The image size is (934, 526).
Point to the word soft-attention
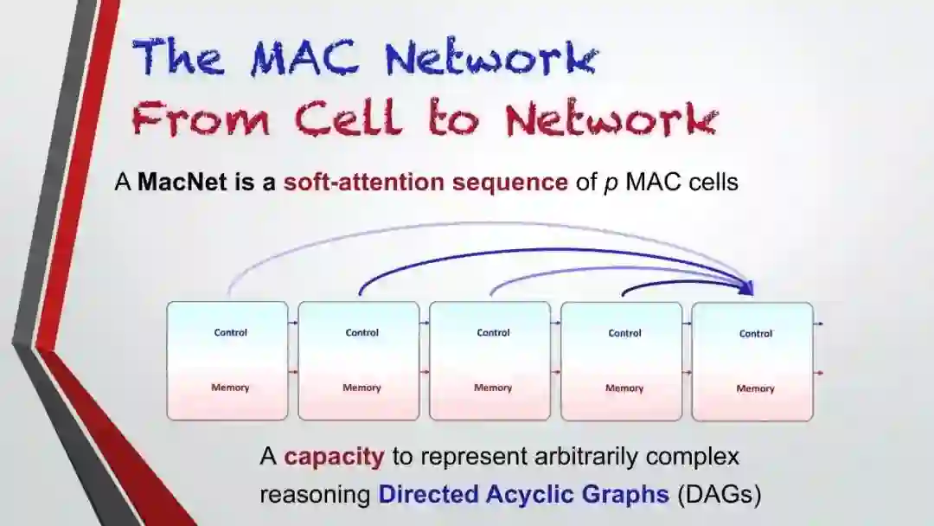point(361,183)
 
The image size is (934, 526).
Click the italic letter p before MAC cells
point(610,184)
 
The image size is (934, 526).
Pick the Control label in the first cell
point(230,332)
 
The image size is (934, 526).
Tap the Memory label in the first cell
point(230,388)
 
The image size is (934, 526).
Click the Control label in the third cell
point(493,332)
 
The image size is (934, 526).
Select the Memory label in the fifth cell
point(755,388)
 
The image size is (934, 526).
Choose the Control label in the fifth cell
point(755,333)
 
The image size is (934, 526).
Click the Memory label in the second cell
point(361,388)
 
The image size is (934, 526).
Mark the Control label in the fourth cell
point(624,333)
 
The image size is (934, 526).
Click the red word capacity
point(334,456)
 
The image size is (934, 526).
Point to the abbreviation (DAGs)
point(719,495)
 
